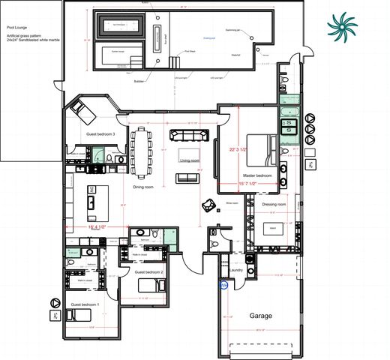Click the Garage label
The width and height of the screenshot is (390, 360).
point(260,316)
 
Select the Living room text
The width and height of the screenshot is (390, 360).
point(189,160)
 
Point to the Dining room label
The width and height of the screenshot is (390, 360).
point(148,187)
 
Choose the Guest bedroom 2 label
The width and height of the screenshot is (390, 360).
point(148,272)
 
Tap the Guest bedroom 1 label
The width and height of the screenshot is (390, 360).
point(84,304)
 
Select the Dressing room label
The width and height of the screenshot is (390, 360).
point(274,204)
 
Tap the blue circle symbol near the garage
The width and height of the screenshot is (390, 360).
point(223,285)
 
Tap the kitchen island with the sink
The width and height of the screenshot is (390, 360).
point(97,201)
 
